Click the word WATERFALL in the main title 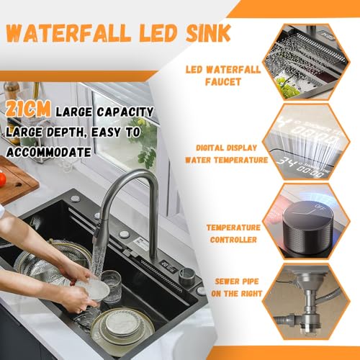point(68,34)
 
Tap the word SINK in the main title point(208,33)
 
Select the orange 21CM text point(28,109)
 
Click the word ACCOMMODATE point(49,153)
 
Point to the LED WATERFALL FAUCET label point(223,76)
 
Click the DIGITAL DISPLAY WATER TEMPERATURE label point(226,154)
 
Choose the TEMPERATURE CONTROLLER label point(233,233)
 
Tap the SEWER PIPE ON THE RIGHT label point(236,287)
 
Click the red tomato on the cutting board point(2,179)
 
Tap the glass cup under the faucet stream point(112,286)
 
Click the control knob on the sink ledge point(186,274)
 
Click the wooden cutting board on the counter point(17,181)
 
